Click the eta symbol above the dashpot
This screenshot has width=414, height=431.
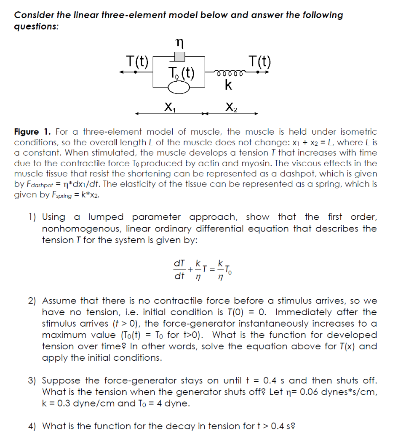tap(179, 43)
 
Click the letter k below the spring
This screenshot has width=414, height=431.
tap(228, 85)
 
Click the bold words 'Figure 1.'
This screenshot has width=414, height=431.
tap(31, 132)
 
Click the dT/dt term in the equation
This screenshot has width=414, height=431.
tap(179, 269)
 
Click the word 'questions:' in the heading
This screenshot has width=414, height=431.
tap(36, 26)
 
